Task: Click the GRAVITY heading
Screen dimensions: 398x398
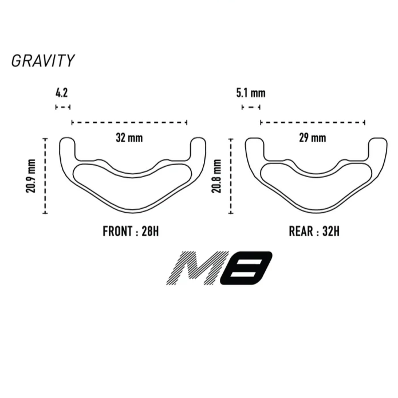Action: coord(43,61)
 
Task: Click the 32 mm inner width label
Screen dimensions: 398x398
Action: coord(129,138)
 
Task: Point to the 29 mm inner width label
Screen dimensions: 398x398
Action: coord(312,138)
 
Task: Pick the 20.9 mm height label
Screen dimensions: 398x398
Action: coord(31,175)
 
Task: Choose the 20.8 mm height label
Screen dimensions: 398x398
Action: coord(216,175)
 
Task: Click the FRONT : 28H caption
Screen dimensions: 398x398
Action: coord(131,232)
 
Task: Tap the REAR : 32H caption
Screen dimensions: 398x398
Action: coord(314,232)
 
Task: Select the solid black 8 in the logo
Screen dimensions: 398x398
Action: coord(246,268)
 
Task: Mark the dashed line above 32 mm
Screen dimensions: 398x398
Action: coord(129,122)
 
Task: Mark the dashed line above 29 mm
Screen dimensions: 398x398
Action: coord(313,122)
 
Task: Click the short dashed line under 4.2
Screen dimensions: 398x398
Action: coord(62,107)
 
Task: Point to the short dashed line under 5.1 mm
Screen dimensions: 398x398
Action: coord(251,107)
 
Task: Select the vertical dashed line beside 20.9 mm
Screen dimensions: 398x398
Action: coord(45,175)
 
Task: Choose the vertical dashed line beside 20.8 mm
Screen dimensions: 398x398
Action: coord(230,175)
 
